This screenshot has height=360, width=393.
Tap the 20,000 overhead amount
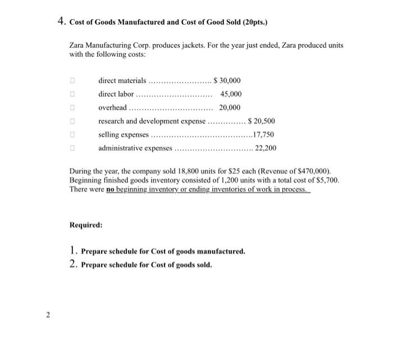(x=230, y=108)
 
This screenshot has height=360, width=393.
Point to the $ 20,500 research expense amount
(x=261, y=121)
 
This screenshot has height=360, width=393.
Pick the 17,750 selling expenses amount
(x=263, y=135)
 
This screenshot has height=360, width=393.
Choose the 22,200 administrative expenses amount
(x=266, y=148)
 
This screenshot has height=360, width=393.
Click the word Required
(x=86, y=225)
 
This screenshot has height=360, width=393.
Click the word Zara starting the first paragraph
(x=78, y=44)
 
